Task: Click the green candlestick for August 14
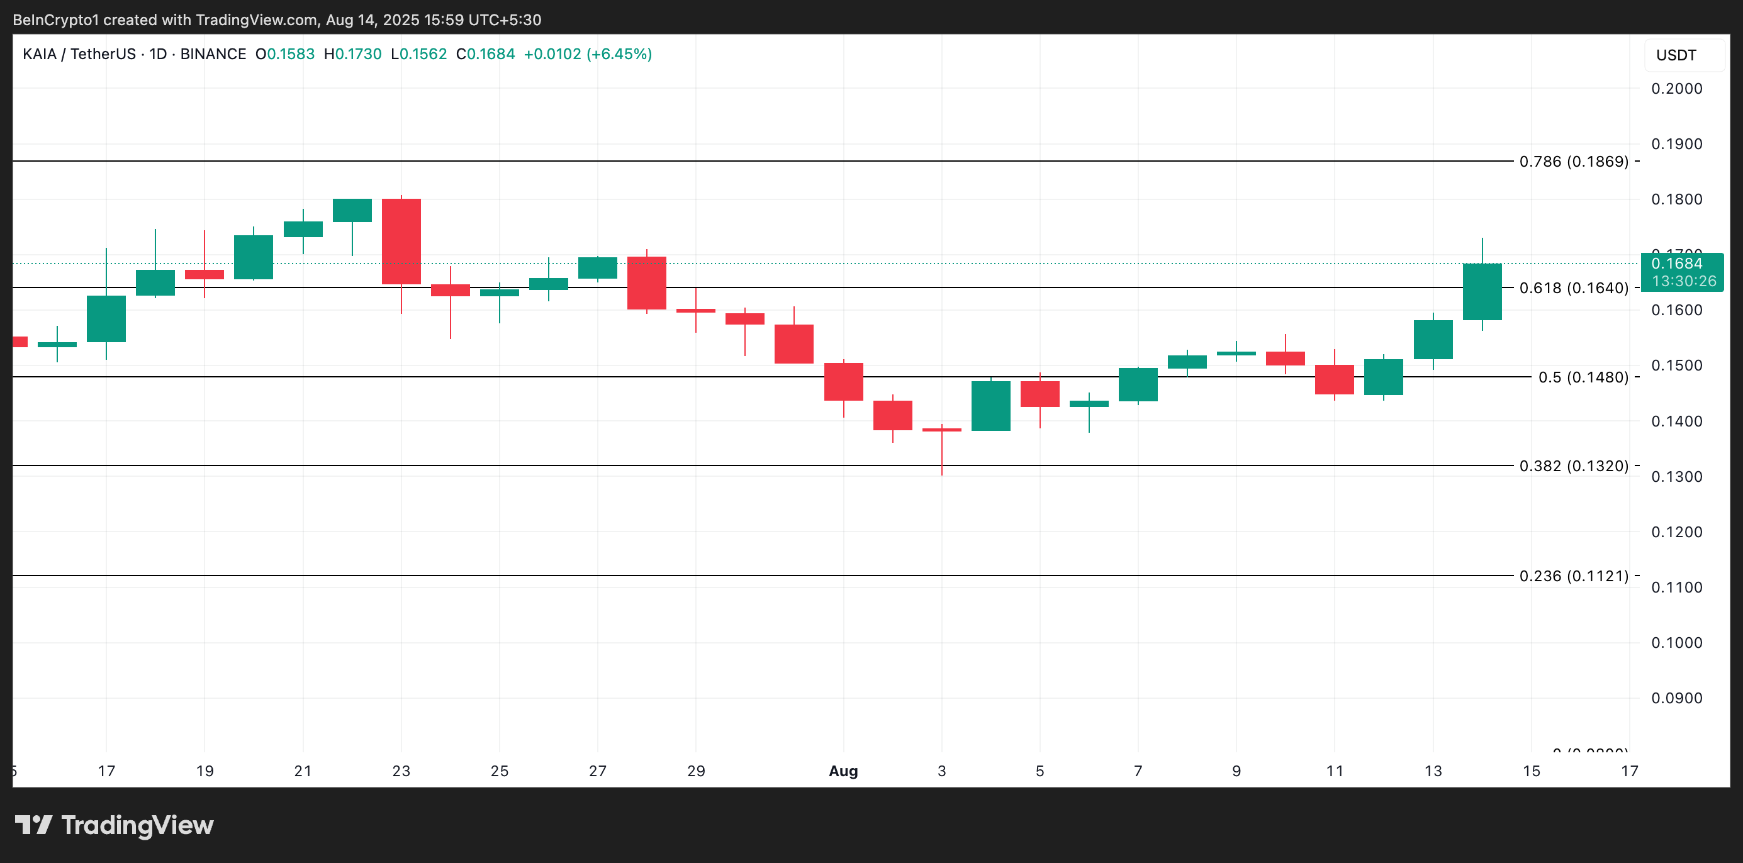tap(1482, 291)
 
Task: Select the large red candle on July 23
tap(401, 241)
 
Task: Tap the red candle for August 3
tap(941, 430)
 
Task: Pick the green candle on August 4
tap(990, 406)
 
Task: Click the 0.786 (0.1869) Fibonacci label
tap(1573, 162)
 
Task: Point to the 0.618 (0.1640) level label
tap(1573, 288)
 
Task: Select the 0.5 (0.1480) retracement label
tap(1583, 377)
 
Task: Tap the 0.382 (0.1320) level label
tap(1573, 466)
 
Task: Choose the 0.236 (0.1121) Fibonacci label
tap(1573, 576)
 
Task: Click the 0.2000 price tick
tap(1676, 89)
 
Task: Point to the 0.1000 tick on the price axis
tap(1676, 642)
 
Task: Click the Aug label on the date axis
tap(843, 771)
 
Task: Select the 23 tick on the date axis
tap(401, 771)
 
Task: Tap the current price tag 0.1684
tap(1677, 264)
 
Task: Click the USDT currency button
tap(1676, 55)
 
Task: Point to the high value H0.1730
tap(352, 54)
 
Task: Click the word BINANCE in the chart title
tap(213, 54)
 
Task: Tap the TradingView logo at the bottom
tap(115, 825)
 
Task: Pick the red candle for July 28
tap(647, 282)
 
